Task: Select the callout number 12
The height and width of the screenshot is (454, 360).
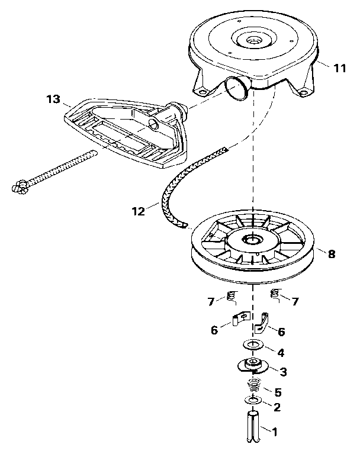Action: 137,210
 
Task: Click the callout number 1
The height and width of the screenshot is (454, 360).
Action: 274,432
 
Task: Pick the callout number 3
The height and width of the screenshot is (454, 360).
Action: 283,372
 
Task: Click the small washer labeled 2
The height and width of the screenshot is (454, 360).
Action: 252,403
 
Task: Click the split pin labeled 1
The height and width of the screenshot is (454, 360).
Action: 252,428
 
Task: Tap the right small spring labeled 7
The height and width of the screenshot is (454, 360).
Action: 274,294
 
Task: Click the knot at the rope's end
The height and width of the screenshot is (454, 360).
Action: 19,186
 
